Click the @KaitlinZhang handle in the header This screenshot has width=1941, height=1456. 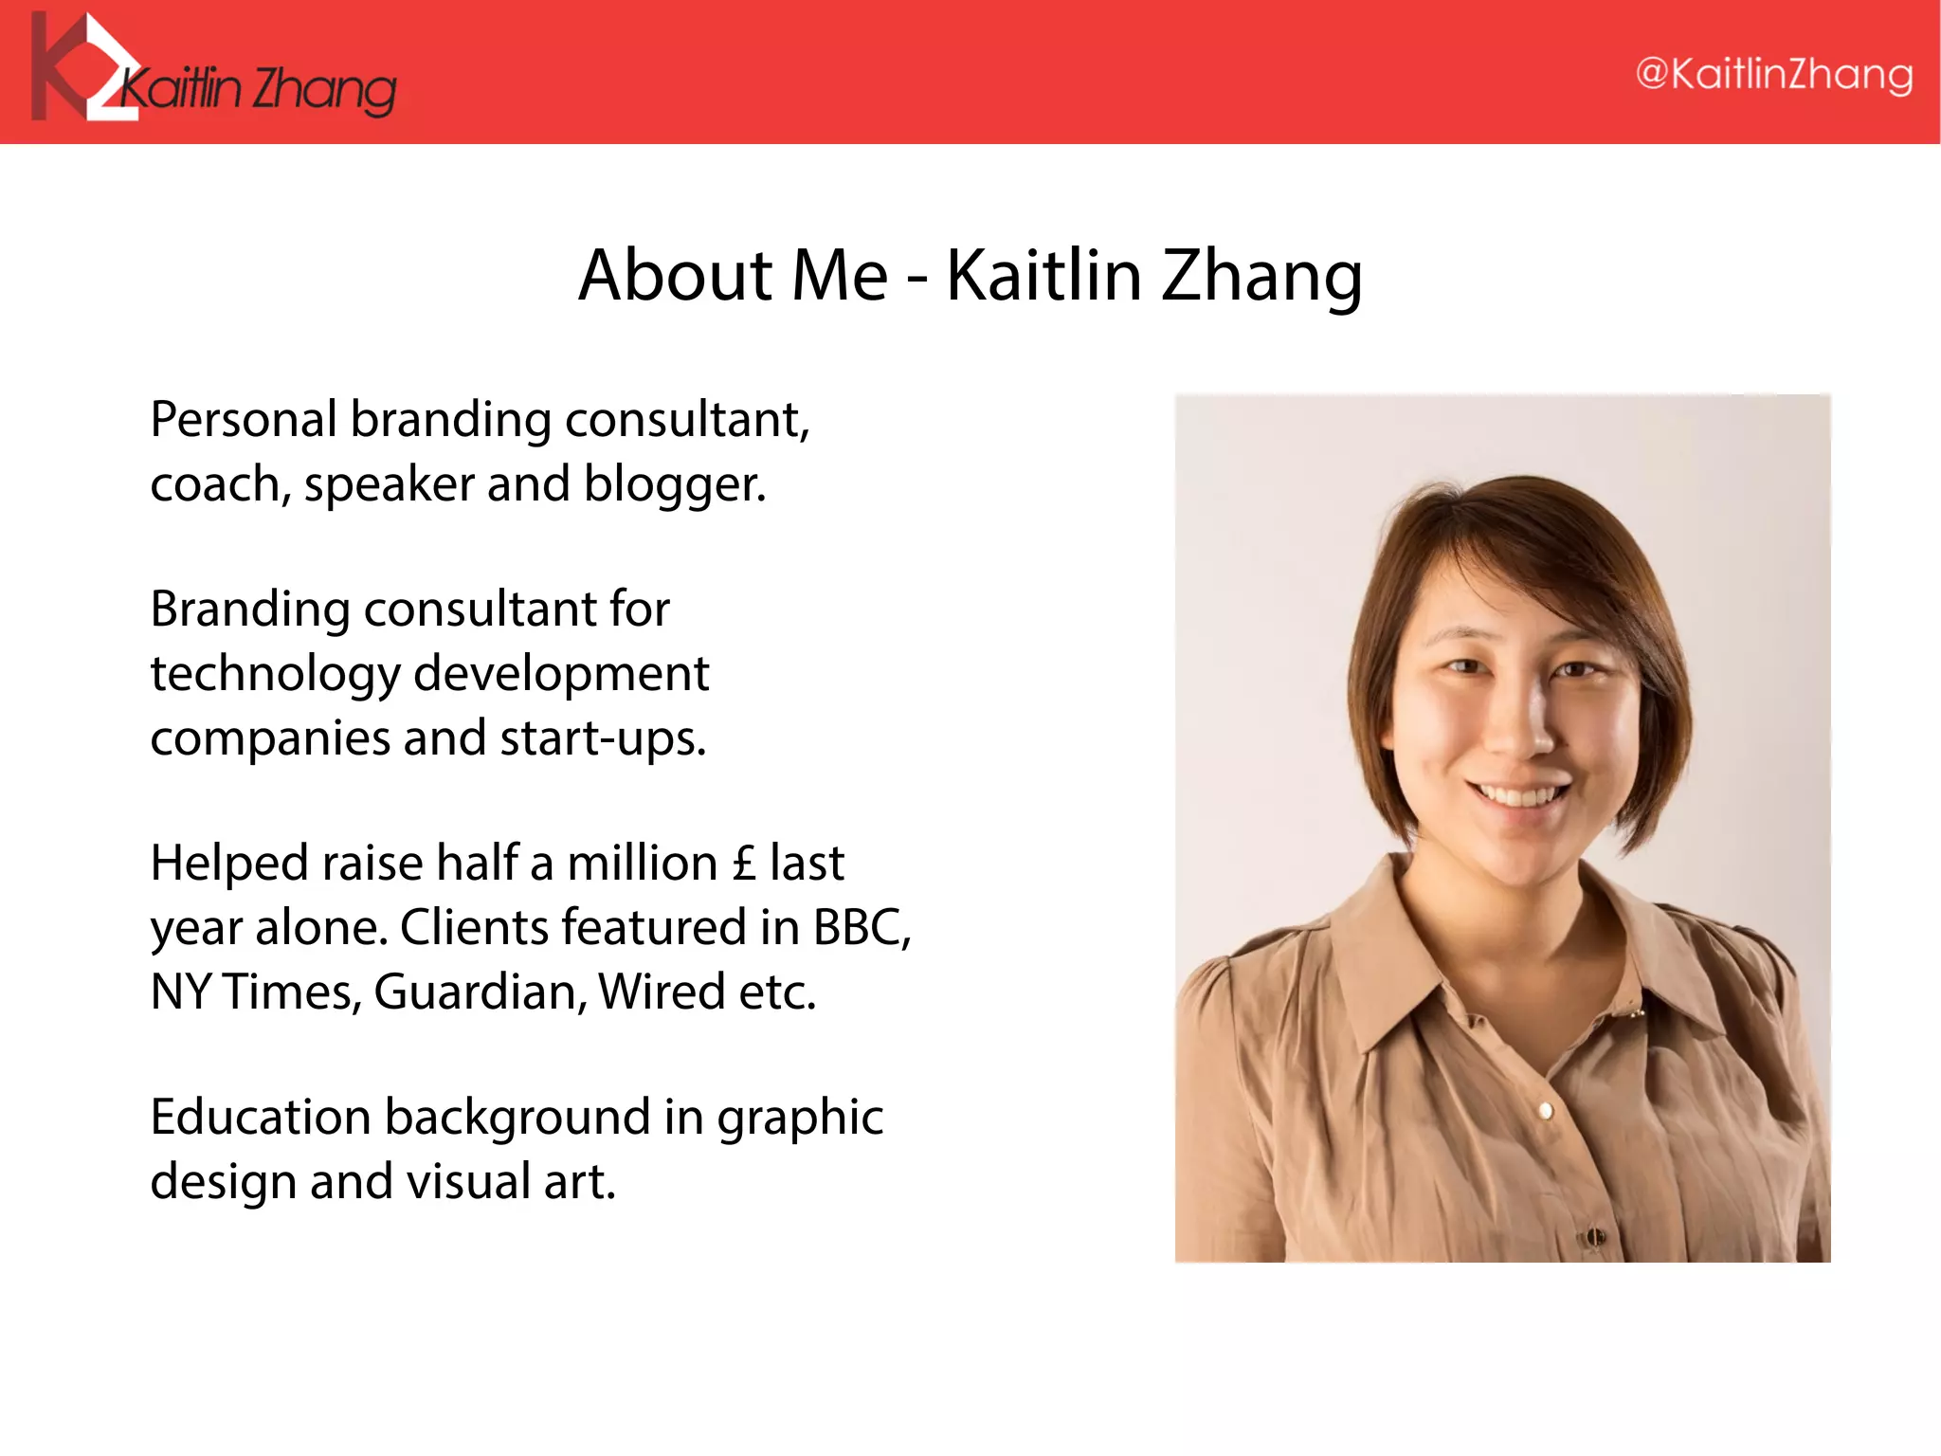point(1774,74)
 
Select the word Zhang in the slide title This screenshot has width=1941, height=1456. point(1262,276)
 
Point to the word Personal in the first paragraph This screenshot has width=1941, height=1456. point(244,419)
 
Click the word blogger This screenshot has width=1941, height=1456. point(674,485)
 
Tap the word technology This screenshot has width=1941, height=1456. point(275,675)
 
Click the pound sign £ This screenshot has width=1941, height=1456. point(745,864)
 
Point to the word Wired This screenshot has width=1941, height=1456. point(662,992)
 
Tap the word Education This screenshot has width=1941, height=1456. point(260,1117)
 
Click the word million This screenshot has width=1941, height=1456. point(642,864)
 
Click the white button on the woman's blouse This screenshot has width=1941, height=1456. point(1546,1110)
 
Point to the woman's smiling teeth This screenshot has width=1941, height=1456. point(1520,795)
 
